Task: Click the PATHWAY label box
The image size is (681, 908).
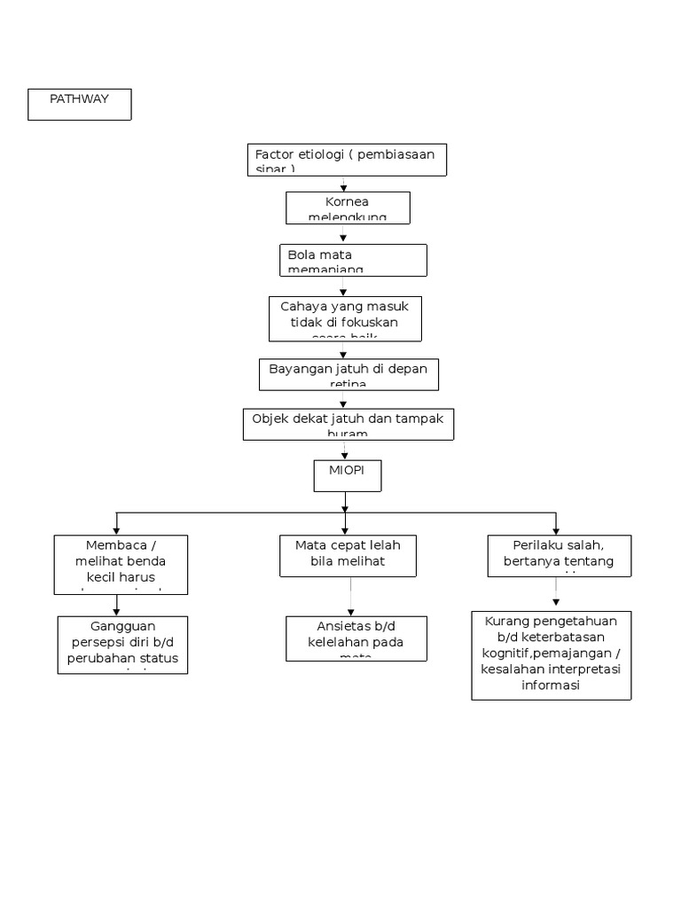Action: pos(80,104)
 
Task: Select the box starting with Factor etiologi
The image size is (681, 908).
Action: pos(346,160)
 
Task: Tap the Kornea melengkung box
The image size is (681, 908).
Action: pos(347,208)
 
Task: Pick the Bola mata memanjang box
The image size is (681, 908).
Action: pos(352,261)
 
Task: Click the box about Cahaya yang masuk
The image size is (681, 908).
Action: pos(345,318)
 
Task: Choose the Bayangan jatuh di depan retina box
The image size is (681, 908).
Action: pos(348,374)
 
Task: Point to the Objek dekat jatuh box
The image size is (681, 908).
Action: pos(348,424)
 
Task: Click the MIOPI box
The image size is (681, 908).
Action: pos(348,475)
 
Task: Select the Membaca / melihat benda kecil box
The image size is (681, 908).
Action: pos(121,563)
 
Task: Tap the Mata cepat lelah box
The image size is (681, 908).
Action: pos(348,555)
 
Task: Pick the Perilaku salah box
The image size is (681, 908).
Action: pos(559,555)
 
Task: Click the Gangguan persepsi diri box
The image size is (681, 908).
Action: pos(122,645)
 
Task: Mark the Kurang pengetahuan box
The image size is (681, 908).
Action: pos(551,654)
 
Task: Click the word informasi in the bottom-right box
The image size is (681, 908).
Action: pos(551,685)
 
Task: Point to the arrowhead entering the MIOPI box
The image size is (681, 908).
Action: pos(344,455)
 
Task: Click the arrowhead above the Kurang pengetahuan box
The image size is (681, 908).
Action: pos(556,603)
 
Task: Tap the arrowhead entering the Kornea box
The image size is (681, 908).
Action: pos(344,188)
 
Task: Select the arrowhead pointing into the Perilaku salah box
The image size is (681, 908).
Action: pos(556,529)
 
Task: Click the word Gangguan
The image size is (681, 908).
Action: pos(122,627)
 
